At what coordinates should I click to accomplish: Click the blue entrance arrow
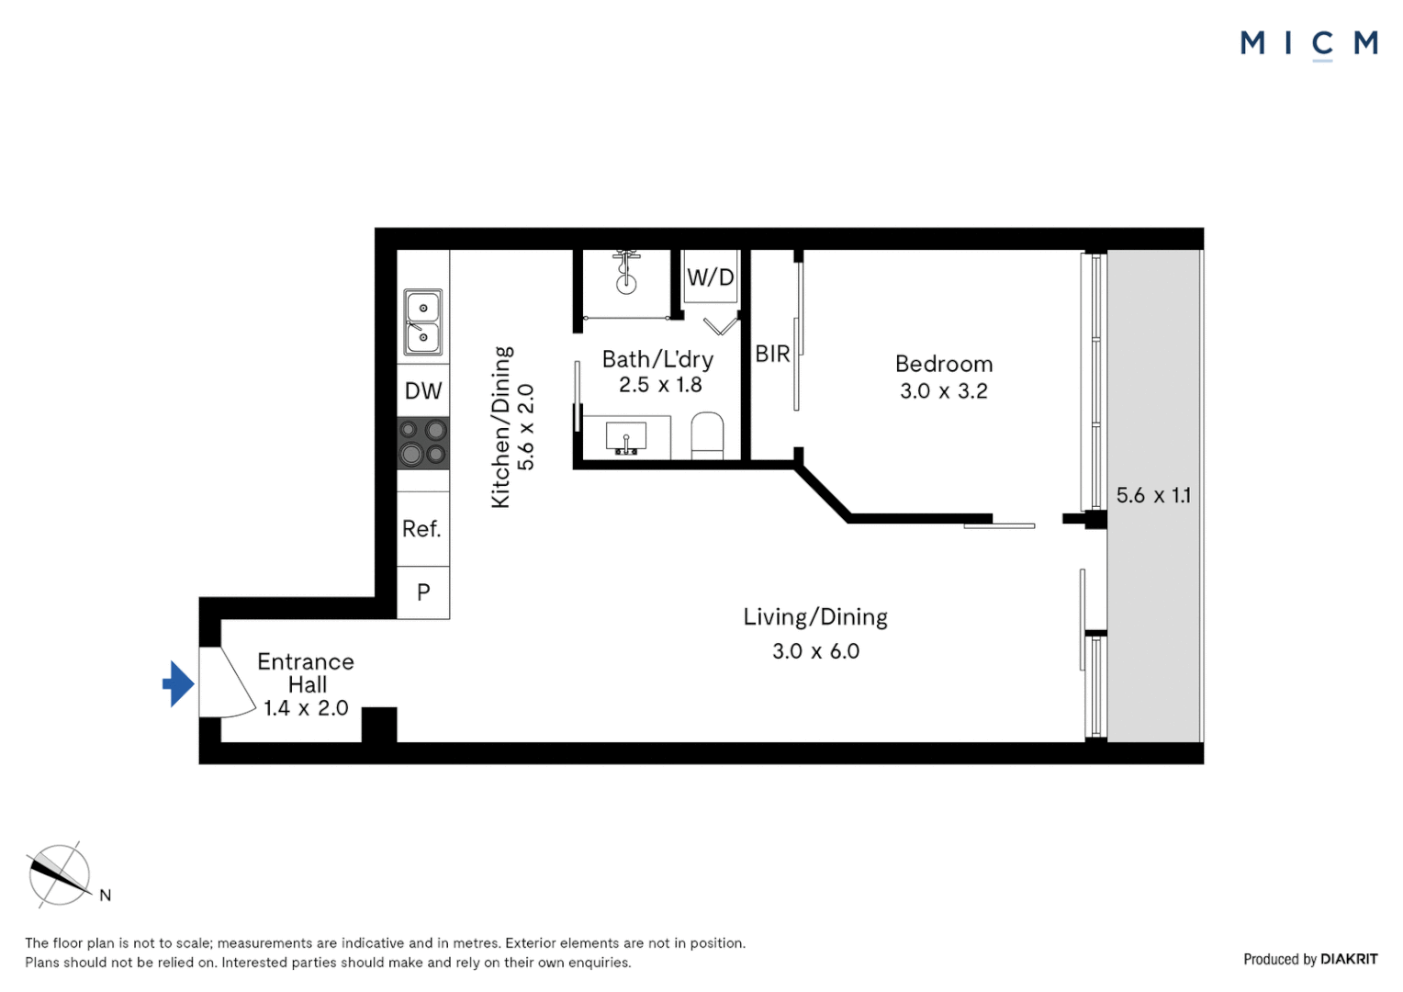(178, 683)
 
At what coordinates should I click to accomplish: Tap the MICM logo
(1308, 44)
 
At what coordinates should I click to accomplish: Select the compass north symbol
(60, 875)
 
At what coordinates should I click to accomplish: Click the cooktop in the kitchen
(423, 443)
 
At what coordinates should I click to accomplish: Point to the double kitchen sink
(423, 322)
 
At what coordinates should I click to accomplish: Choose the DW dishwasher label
(423, 391)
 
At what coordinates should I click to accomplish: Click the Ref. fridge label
(421, 529)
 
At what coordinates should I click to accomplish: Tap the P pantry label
(423, 592)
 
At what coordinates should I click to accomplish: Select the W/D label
(711, 277)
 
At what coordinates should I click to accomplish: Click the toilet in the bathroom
(707, 435)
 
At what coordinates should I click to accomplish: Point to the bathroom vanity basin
(626, 437)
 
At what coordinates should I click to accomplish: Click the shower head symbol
(626, 272)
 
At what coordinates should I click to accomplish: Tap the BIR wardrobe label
(772, 354)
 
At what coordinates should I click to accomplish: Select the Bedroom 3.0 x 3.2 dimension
(944, 391)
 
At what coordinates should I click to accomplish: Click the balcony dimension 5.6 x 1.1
(1153, 496)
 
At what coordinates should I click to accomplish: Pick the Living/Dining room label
(815, 617)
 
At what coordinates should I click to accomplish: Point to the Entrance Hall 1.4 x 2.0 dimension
(306, 708)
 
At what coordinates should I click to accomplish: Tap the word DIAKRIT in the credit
(1349, 959)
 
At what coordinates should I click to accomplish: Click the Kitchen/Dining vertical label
(501, 427)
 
